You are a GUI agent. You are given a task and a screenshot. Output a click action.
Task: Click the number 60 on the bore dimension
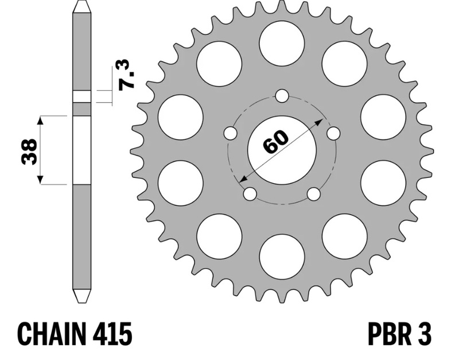(275, 141)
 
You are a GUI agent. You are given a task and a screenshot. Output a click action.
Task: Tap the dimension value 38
(29, 152)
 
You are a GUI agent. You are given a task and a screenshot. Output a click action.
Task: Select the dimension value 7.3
(127, 74)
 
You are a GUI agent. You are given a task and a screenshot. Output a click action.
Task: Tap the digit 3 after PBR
(423, 334)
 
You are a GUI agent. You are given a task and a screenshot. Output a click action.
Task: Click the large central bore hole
(282, 150)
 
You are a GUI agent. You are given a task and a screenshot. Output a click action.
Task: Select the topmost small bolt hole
(282, 96)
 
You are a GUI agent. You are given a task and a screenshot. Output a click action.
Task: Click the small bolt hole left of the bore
(231, 133)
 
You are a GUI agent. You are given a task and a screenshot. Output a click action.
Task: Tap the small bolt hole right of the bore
(333, 133)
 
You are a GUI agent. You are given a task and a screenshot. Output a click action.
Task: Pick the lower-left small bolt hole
(250, 194)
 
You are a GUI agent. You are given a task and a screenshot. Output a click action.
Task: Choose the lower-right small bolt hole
(314, 194)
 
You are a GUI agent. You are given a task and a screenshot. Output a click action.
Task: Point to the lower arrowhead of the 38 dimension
(40, 180)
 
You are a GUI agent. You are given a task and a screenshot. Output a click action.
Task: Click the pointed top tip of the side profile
(81, 1)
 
